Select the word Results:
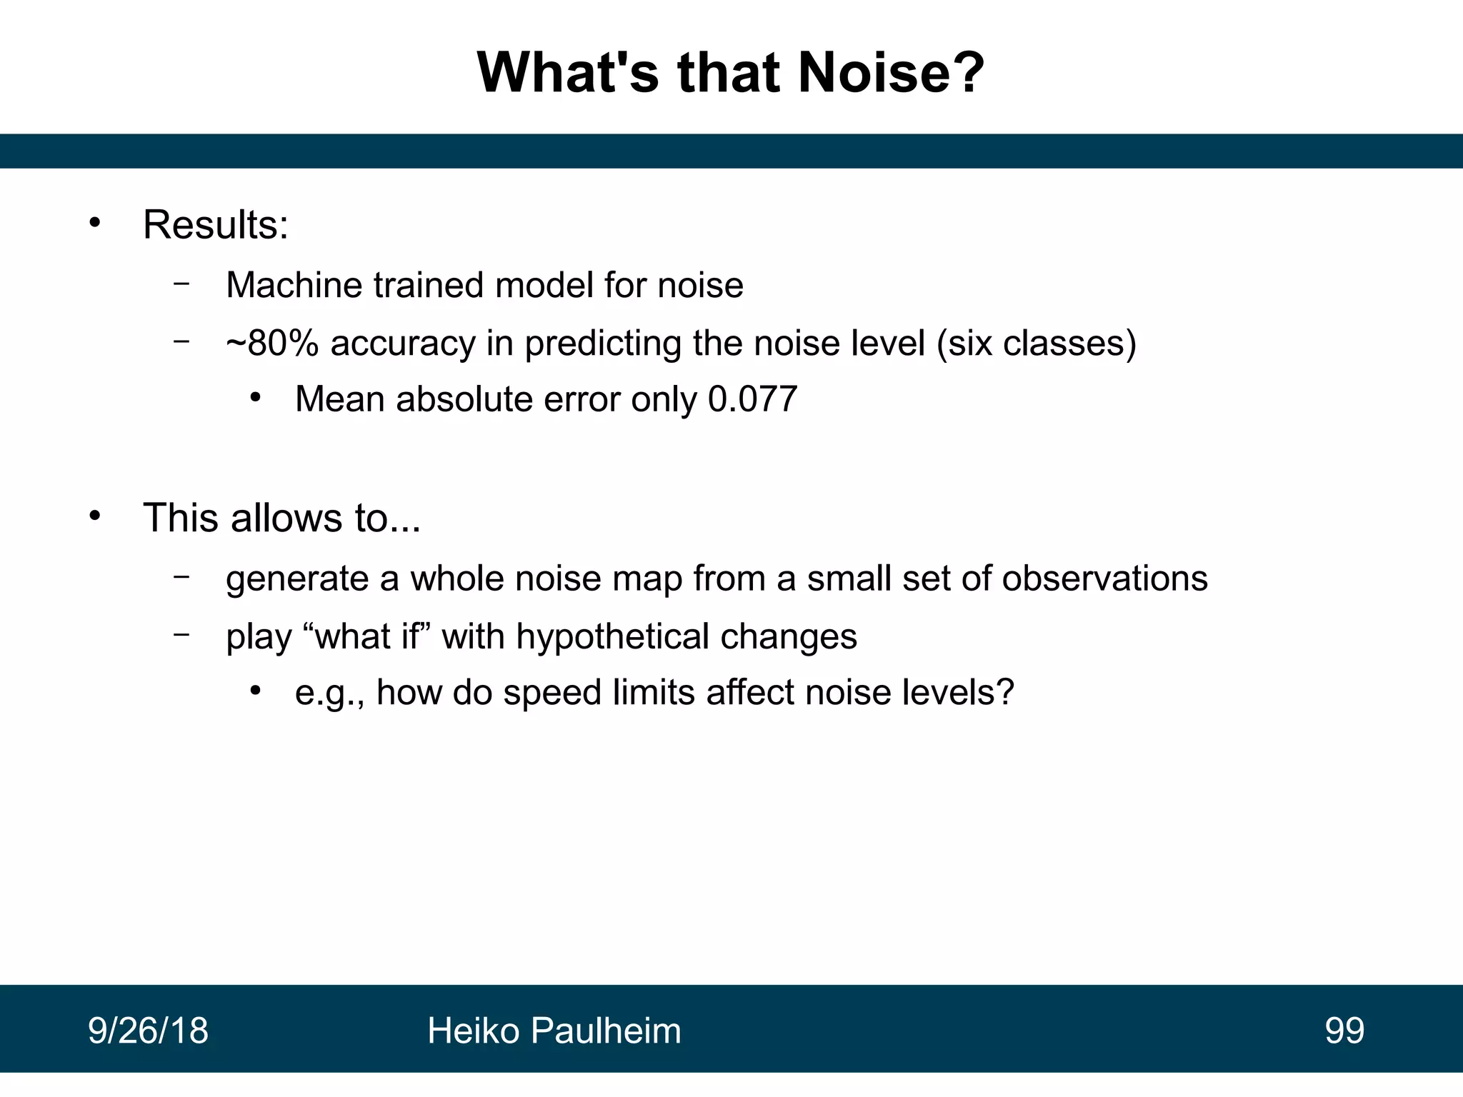216,225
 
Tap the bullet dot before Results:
95,224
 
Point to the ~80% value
272,343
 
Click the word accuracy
403,344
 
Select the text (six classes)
1036,344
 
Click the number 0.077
752,399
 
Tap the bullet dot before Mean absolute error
256,398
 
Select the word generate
296,579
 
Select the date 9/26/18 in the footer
148,1031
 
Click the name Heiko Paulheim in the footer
554,1031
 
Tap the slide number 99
1344,1031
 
